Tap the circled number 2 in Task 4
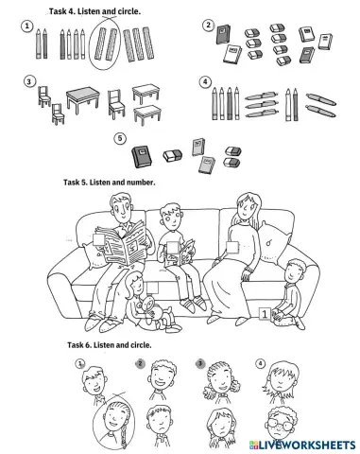tap(208, 25)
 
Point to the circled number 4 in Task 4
tap(205, 81)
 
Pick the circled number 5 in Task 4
tap(120, 138)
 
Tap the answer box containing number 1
tap(265, 311)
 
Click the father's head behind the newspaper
tap(120, 207)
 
